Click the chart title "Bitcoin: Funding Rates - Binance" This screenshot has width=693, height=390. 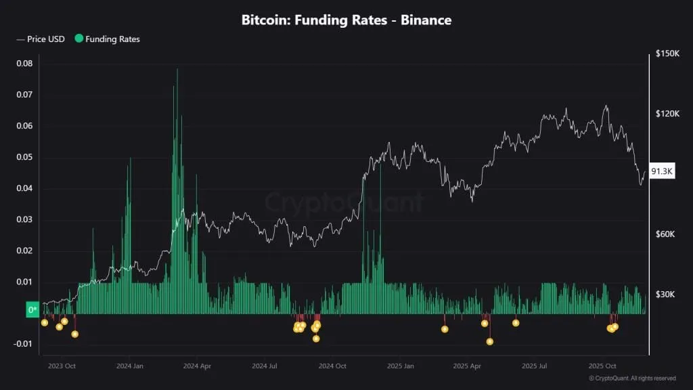346,20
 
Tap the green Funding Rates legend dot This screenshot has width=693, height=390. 79,39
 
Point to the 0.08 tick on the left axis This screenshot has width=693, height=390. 24,64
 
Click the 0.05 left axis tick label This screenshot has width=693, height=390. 24,157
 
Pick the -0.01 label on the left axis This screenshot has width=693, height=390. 22,344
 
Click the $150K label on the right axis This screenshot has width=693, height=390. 667,53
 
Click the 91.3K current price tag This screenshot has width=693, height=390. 661,172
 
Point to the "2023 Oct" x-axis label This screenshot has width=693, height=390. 62,366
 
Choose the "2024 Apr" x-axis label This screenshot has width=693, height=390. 196,366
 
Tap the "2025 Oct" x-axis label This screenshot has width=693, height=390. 602,366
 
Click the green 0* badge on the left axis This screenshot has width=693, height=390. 32,310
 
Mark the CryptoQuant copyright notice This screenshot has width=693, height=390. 632,378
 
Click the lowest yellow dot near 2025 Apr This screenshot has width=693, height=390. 490,341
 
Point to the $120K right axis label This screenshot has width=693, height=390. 667,114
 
